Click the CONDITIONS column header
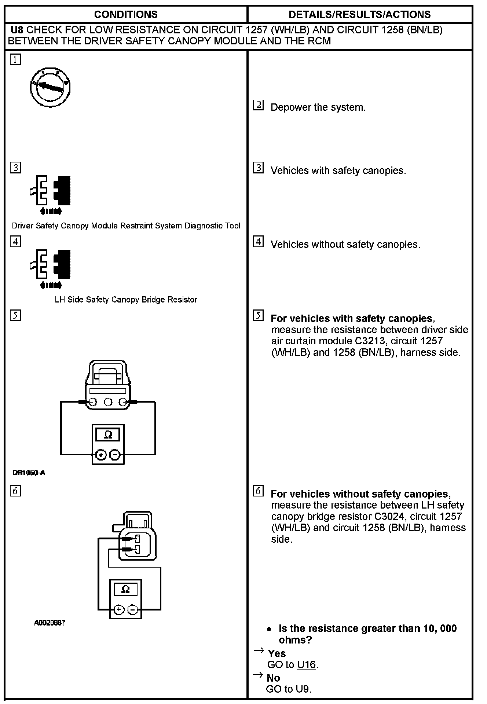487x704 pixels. (x=126, y=14)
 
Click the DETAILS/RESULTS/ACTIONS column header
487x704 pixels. (x=359, y=14)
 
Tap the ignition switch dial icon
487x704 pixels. (x=50, y=87)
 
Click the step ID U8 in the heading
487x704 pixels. (x=17, y=30)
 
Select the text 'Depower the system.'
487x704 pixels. (x=318, y=107)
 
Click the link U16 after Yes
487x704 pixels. (x=306, y=664)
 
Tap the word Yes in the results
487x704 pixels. (x=277, y=653)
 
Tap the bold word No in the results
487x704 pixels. (x=274, y=678)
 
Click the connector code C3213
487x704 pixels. (x=370, y=341)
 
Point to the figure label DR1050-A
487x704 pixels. (x=29, y=473)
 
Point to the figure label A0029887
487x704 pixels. (x=50, y=623)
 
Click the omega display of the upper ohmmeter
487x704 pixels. (x=108, y=435)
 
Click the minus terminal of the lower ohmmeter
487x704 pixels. (x=133, y=610)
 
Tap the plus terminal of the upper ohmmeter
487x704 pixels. (x=101, y=455)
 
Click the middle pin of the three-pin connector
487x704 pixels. (x=108, y=402)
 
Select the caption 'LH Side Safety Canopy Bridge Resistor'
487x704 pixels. (x=126, y=300)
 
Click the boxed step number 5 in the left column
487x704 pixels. (x=15, y=315)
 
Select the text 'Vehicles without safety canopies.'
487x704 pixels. (x=345, y=244)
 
